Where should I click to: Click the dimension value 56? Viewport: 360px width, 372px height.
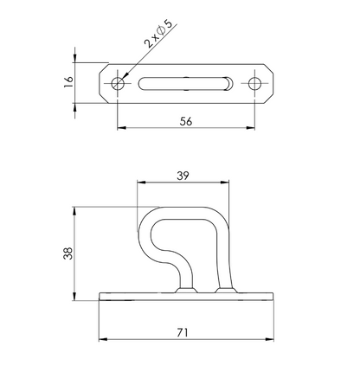pos(186,121)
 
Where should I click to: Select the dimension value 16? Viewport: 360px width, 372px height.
pos(68,82)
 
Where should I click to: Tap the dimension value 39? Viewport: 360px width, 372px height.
pos(183,176)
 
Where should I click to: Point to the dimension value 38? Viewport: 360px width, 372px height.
pos(68,253)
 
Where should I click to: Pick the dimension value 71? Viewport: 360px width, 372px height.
pos(183,333)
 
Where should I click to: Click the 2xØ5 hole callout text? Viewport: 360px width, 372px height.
pos(158,33)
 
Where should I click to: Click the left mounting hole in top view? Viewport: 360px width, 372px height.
pos(118,84)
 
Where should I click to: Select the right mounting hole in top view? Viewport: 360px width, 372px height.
pos(254,84)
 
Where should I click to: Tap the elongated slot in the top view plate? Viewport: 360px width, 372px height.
pos(186,84)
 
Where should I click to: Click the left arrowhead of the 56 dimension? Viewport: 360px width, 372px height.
pos(121,128)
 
